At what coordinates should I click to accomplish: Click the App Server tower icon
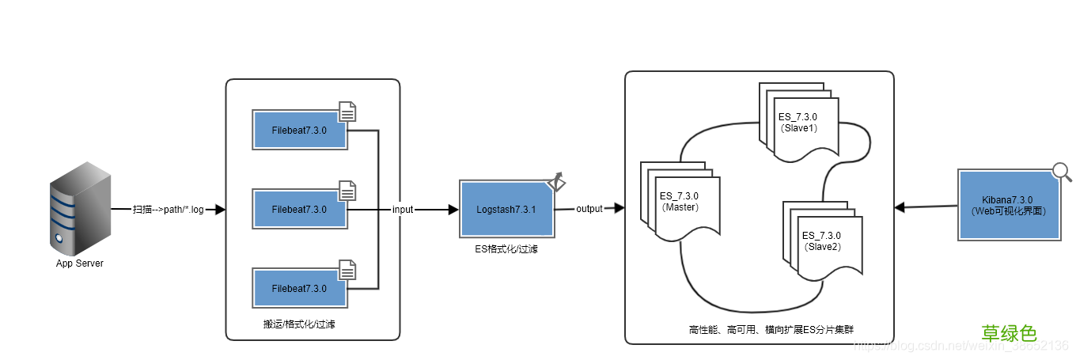point(79,207)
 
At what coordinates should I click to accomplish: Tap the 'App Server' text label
point(79,263)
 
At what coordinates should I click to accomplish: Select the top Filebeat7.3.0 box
point(299,131)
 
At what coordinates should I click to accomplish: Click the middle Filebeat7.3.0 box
point(299,210)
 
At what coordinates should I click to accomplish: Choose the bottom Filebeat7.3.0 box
point(299,288)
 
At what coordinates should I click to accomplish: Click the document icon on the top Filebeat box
point(347,112)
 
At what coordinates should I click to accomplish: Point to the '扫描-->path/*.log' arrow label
point(169,210)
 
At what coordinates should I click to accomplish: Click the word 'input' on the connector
point(403,210)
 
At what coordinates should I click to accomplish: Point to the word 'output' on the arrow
point(589,209)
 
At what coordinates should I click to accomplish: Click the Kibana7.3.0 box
point(1008,206)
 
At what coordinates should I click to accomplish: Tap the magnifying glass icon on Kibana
point(1061,172)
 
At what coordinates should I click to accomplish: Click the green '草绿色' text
point(1009,334)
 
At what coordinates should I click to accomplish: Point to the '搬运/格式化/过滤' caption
point(299,324)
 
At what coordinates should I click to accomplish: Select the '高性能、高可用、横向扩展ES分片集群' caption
point(760,328)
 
